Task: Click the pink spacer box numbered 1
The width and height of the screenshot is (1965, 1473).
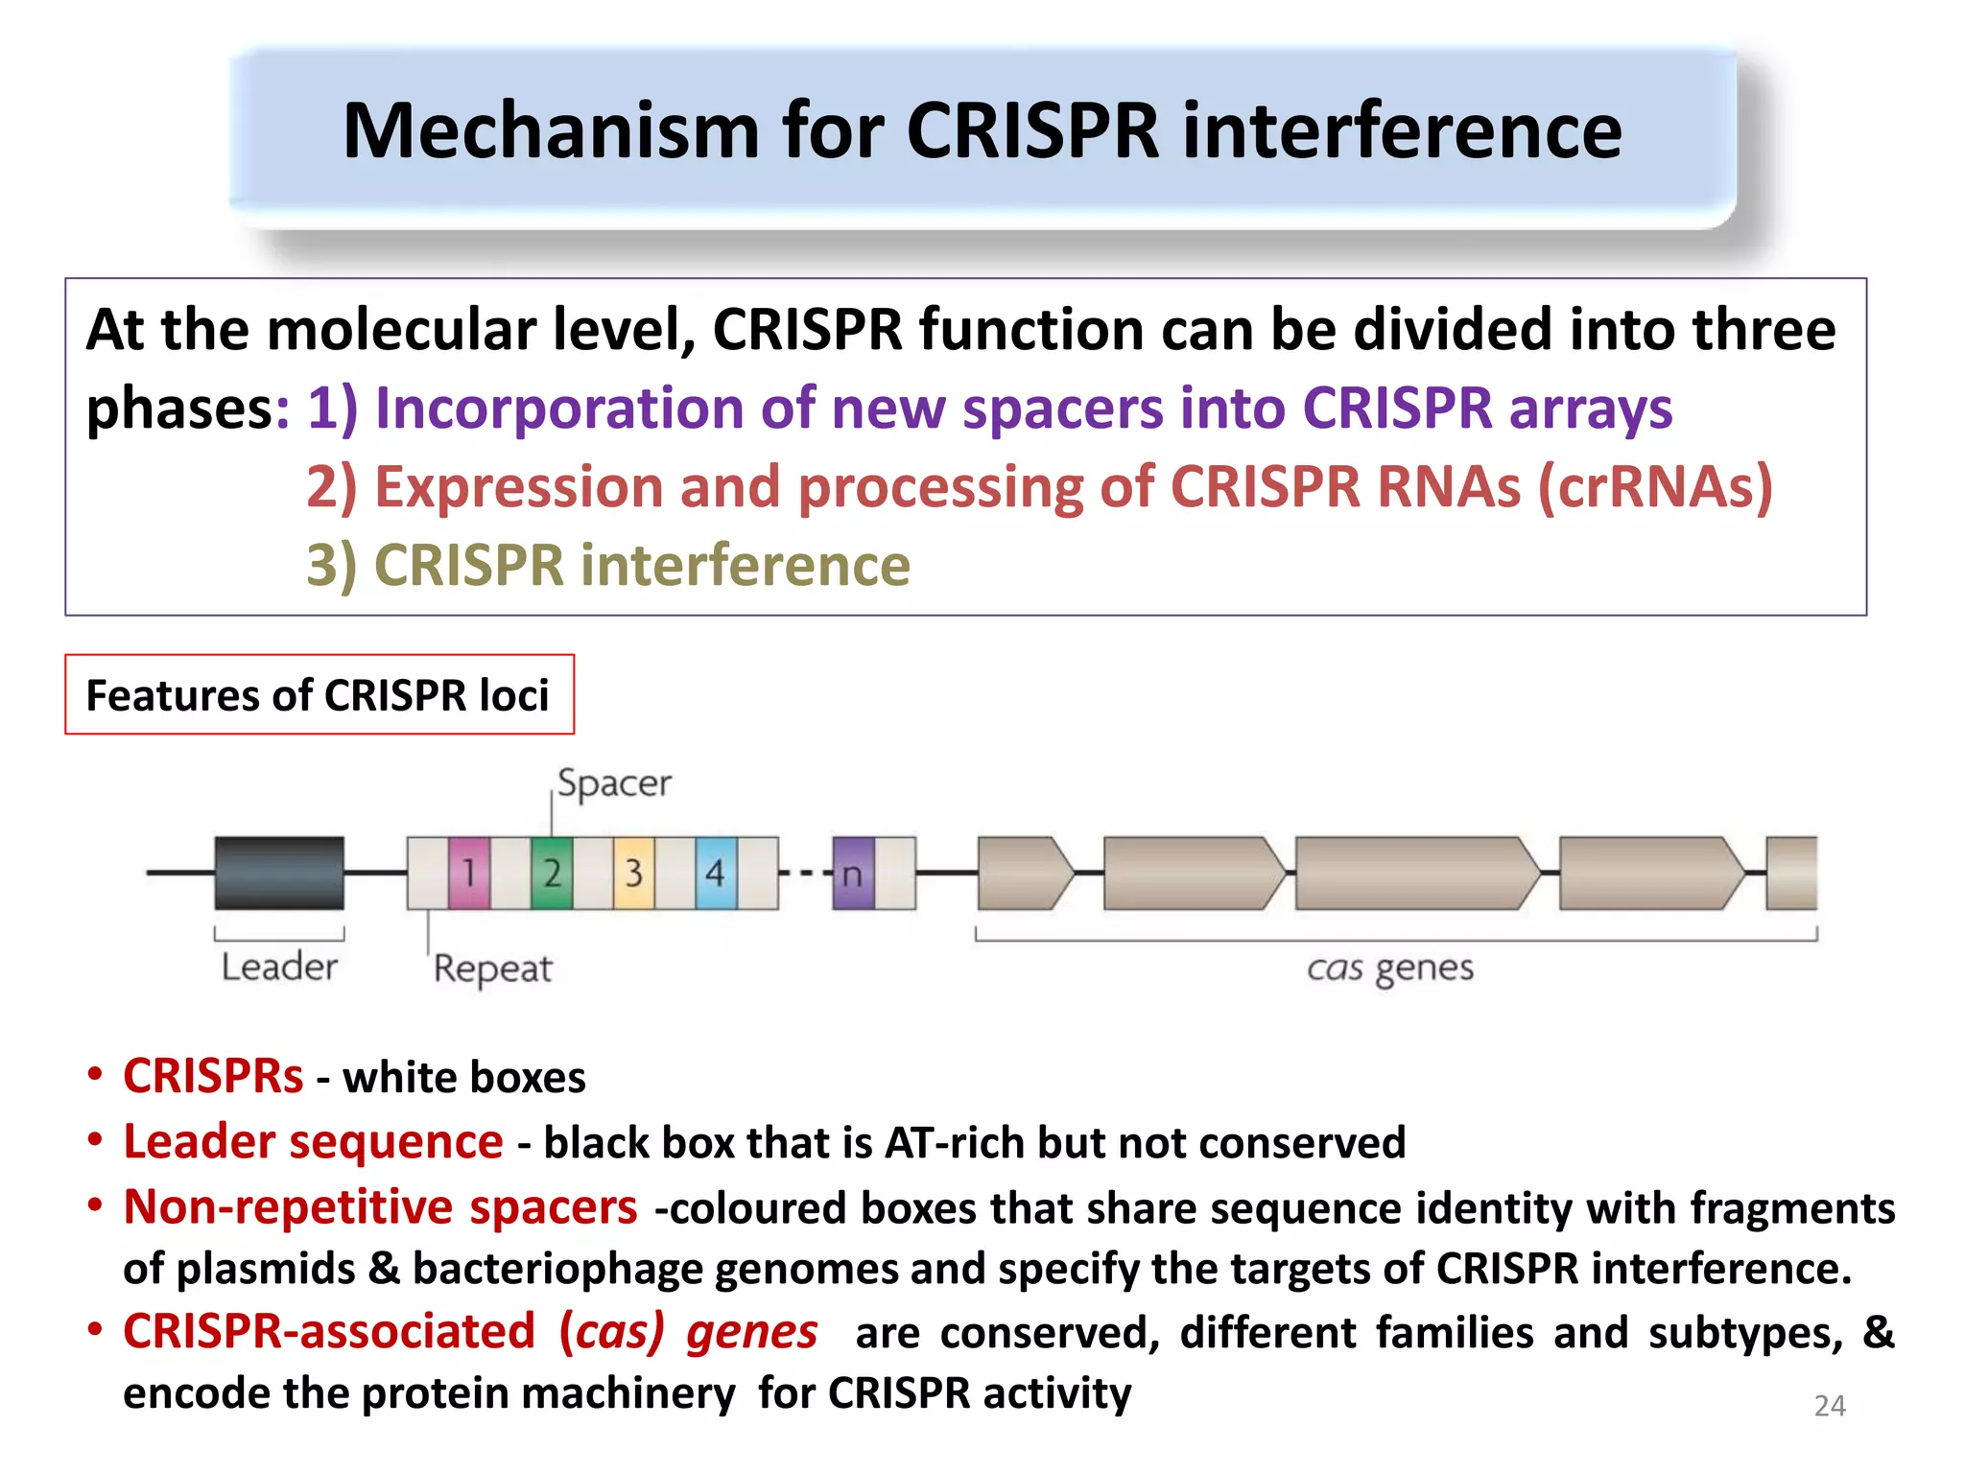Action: click(469, 873)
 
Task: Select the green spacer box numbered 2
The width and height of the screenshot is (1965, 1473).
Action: click(552, 873)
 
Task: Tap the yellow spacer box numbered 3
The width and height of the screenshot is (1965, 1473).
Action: click(634, 873)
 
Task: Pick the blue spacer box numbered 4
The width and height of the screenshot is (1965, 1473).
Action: click(716, 873)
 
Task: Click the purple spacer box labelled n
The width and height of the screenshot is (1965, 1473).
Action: click(853, 874)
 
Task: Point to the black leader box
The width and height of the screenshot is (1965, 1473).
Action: click(279, 873)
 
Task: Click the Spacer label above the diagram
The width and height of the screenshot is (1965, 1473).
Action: click(614, 783)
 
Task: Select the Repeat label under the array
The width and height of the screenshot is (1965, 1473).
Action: click(492, 969)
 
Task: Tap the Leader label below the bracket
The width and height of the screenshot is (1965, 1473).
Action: click(279, 967)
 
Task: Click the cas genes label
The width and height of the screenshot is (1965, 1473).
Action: click(1390, 968)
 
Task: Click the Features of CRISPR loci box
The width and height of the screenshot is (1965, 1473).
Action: click(319, 695)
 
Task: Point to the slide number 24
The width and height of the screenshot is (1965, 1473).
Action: click(1829, 1405)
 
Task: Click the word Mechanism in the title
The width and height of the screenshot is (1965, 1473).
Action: click(552, 131)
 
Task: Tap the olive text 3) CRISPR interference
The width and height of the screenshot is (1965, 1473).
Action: click(608, 565)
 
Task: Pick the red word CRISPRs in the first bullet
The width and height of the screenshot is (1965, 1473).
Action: click(213, 1076)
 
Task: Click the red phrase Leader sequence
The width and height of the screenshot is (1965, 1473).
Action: click(313, 1141)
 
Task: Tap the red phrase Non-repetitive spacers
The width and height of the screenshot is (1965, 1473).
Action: click(380, 1206)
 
